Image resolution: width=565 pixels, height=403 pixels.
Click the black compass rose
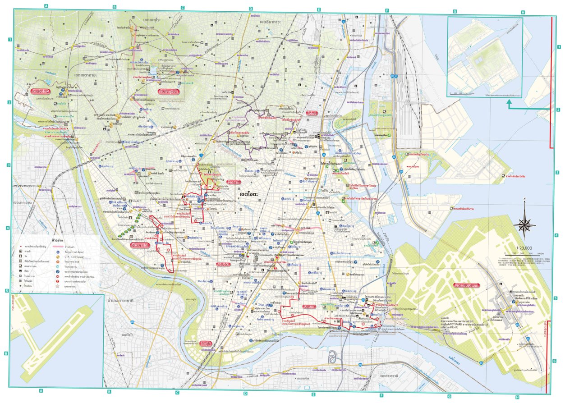pyautogui.click(x=524, y=224)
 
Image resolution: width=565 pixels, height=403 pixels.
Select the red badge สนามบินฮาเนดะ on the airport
pyautogui.click(x=464, y=286)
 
